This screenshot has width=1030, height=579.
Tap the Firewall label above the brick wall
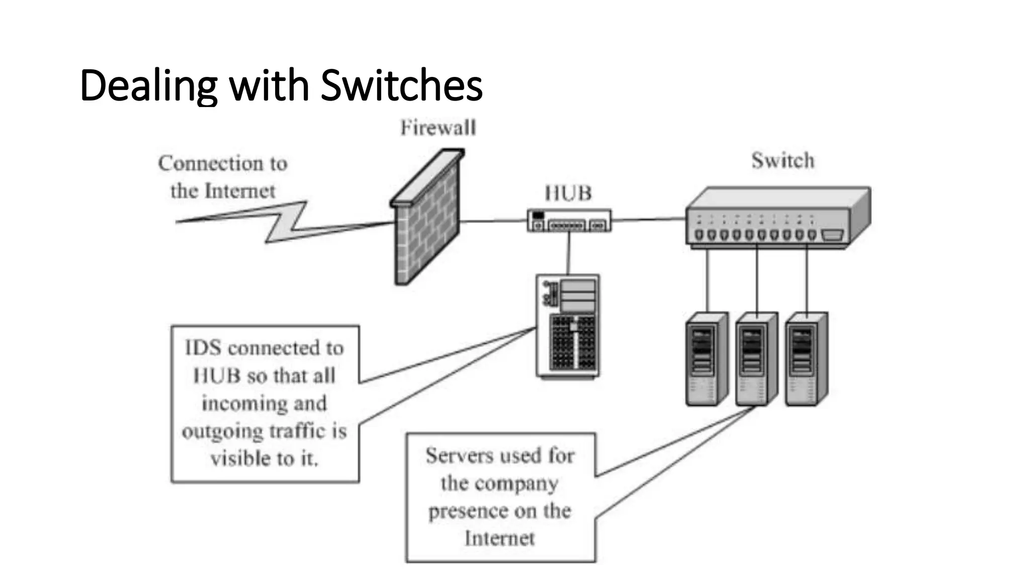[438, 128]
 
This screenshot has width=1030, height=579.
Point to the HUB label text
[568, 194]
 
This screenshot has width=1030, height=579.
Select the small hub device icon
[569, 221]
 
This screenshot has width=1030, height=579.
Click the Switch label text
[783, 161]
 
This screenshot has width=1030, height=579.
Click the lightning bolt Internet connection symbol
[287, 221]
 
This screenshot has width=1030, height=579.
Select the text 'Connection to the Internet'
[223, 177]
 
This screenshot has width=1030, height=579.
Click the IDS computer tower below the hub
[568, 326]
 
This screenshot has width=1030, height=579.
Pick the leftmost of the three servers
[706, 359]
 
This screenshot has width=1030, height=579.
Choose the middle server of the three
[756, 359]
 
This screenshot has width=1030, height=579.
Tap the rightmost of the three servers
[806, 359]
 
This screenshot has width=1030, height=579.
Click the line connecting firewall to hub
[493, 221]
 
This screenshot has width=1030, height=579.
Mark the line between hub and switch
[649, 220]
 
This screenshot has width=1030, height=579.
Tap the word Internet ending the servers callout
[499, 539]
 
